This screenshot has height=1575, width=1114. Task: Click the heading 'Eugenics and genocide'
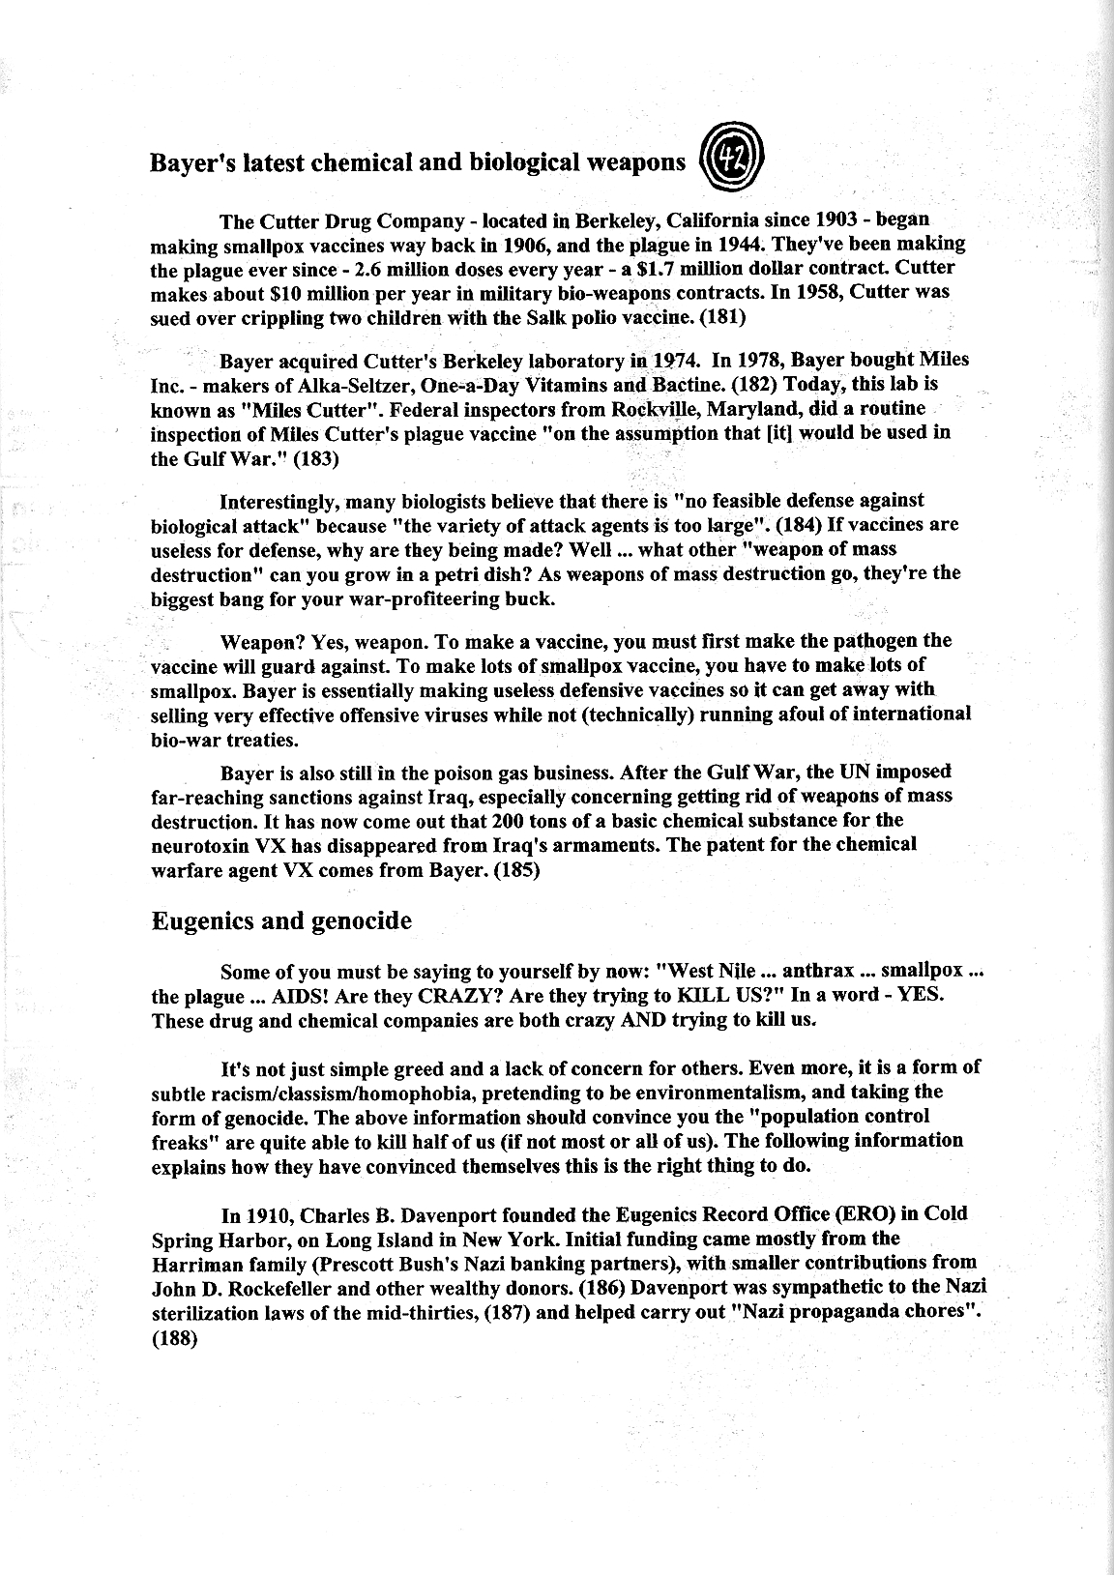(281, 920)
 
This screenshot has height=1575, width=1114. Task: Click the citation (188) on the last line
(175, 1339)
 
